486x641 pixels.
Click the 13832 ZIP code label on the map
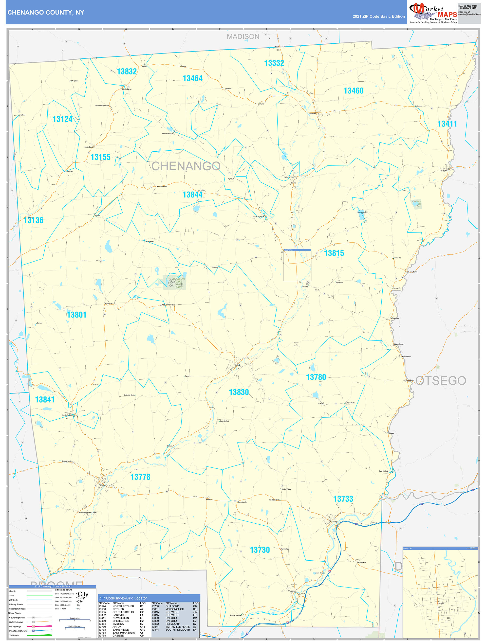pyautogui.click(x=127, y=71)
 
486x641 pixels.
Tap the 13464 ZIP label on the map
pyautogui.click(x=192, y=79)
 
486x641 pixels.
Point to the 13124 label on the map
pyautogui.click(x=62, y=119)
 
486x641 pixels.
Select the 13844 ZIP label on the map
pyautogui.click(x=192, y=195)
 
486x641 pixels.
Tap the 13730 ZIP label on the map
pyautogui.click(x=260, y=550)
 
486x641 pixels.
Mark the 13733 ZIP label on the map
pyautogui.click(x=343, y=499)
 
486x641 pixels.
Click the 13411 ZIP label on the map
pyautogui.click(x=447, y=124)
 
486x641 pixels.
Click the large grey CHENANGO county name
pyautogui.click(x=186, y=166)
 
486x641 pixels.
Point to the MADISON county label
pyautogui.click(x=243, y=37)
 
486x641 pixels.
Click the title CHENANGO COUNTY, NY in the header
pyautogui.click(x=46, y=13)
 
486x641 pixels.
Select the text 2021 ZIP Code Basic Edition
pyautogui.click(x=378, y=17)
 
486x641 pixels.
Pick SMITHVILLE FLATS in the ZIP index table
pyautogui.click(x=177, y=627)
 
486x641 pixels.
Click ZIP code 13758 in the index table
pyautogui.click(x=102, y=633)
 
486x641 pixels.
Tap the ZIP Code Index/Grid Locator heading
pyautogui.click(x=123, y=598)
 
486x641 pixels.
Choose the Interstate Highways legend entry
pyautogui.click(x=18, y=631)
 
